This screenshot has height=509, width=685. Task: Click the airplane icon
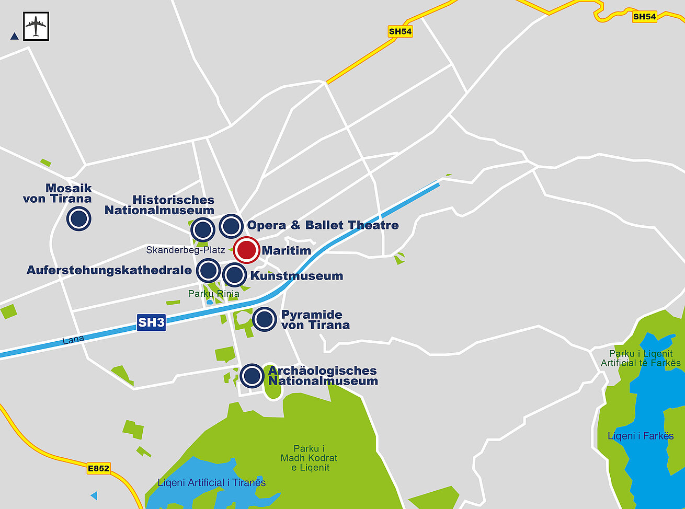[x=36, y=26]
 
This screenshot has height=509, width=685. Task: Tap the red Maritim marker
[x=246, y=250]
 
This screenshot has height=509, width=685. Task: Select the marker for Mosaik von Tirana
[x=79, y=218]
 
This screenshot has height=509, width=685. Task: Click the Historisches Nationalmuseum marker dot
[x=203, y=230]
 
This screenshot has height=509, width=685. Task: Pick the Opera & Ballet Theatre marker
[x=231, y=226]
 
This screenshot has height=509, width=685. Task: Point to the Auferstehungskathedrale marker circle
[x=209, y=271]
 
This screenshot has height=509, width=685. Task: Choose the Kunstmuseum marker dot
[x=234, y=275]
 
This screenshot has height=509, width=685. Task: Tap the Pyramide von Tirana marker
[x=265, y=319]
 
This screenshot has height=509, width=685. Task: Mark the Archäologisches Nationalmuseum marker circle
[x=252, y=375]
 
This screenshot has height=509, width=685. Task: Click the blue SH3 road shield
[x=151, y=322]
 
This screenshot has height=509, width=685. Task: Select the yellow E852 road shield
[x=98, y=468]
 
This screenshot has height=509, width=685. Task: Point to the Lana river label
[x=73, y=340]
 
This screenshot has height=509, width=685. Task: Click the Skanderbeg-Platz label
[x=186, y=250]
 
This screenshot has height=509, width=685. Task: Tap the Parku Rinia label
[x=213, y=294]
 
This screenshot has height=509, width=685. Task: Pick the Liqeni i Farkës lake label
[x=641, y=436]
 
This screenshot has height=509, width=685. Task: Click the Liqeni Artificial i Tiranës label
[x=212, y=482]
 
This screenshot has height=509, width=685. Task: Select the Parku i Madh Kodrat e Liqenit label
[x=309, y=458]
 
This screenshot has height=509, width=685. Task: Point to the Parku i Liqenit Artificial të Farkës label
[x=641, y=358]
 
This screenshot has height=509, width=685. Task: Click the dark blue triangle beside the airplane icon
[x=15, y=37]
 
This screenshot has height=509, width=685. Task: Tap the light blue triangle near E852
[x=94, y=495]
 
